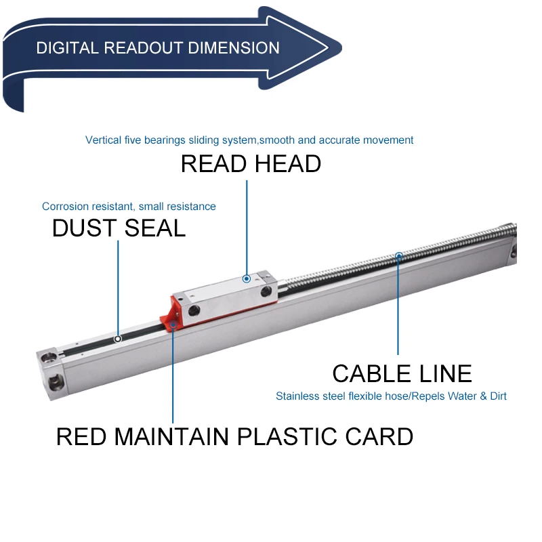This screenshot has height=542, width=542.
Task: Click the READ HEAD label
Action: click(251, 164)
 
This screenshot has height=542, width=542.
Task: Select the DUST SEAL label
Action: click(119, 228)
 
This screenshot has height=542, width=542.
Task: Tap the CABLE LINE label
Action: click(402, 373)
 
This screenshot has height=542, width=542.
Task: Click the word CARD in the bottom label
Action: click(382, 436)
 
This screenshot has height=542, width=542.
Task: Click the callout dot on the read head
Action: click(247, 278)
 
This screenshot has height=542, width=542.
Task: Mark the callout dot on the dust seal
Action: click(118, 338)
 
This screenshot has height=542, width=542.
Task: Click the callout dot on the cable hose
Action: click(399, 256)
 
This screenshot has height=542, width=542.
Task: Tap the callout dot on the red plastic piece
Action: click(173, 325)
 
